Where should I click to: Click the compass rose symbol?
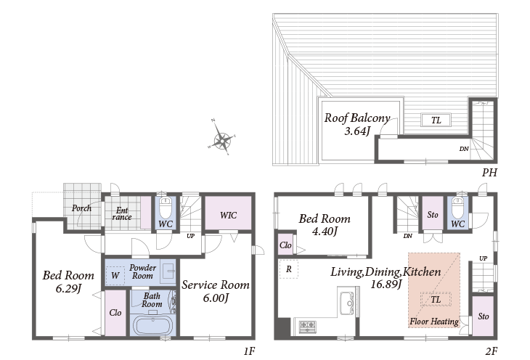221,139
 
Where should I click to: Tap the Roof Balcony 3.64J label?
357,124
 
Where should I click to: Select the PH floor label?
489,173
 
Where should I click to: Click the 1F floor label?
249,351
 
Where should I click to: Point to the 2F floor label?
492,351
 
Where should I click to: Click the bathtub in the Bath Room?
153,325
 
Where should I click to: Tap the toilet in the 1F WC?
166,208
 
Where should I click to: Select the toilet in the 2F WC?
457,208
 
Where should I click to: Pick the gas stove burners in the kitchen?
308,326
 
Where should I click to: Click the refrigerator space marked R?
289,269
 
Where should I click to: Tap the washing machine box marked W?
115,276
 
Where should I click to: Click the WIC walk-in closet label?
228,216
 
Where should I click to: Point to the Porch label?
81,208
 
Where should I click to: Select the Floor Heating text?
434,322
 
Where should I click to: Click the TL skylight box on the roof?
436,120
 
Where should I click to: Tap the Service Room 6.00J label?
216,291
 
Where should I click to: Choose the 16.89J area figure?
386,284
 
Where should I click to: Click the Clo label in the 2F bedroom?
285,245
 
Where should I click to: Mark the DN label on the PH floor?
464,149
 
